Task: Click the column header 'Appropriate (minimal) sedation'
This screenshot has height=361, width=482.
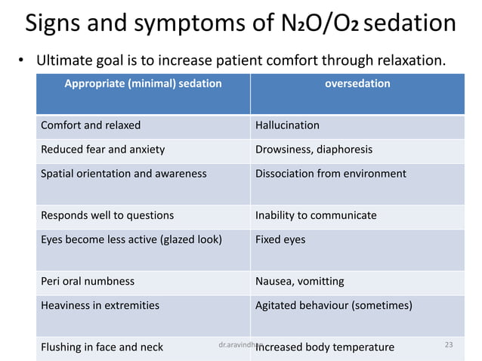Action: (x=143, y=84)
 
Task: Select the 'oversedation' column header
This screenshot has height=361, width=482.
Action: (x=357, y=84)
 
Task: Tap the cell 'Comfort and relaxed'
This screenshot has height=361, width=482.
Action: (x=91, y=125)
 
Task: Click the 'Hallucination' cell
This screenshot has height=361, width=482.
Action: (x=287, y=125)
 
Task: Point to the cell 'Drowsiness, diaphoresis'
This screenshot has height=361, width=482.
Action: (x=314, y=150)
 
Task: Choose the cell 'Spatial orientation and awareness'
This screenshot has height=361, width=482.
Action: (x=123, y=174)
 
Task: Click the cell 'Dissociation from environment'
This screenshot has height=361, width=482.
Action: (x=330, y=174)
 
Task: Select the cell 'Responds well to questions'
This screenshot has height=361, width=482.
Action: (x=107, y=216)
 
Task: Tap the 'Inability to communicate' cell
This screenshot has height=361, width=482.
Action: (x=316, y=216)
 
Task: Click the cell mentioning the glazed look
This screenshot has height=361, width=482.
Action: (x=131, y=240)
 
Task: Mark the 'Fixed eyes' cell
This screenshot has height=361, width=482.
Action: (x=280, y=240)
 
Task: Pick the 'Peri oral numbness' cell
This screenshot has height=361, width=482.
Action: (x=88, y=282)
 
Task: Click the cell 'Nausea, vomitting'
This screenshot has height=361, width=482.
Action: (x=299, y=282)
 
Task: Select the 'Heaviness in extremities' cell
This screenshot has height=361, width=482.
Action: (x=100, y=306)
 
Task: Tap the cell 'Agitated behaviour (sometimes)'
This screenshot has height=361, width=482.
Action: (x=334, y=306)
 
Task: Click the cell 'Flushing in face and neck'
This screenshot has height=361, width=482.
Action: (x=102, y=347)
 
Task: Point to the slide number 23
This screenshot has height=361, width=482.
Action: (x=449, y=345)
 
